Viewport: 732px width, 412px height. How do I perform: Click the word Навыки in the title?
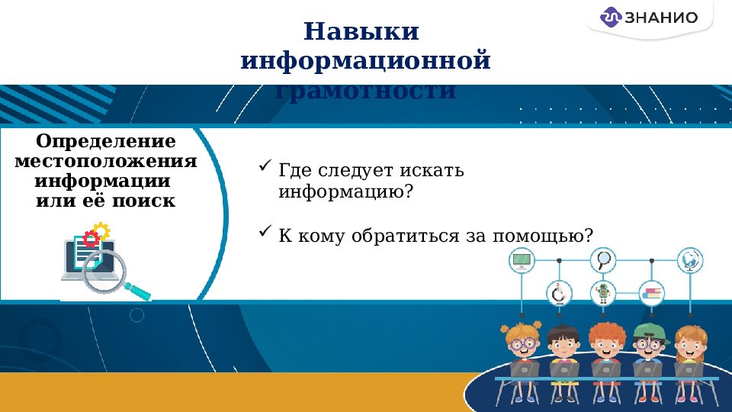click(361, 32)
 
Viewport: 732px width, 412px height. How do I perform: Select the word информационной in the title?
click(365, 61)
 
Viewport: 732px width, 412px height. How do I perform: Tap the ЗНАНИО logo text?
click(661, 18)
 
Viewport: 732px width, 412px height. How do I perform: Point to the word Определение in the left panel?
click(106, 142)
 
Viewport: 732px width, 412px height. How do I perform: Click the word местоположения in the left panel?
click(106, 162)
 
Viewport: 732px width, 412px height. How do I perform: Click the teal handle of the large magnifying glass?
click(136, 290)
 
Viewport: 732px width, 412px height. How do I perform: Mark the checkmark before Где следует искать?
click(265, 165)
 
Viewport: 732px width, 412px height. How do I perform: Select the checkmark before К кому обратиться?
click(265, 230)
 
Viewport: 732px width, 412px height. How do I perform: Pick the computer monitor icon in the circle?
click(522, 261)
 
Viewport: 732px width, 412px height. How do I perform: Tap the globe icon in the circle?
click(691, 261)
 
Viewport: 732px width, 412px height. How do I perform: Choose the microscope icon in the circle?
click(559, 293)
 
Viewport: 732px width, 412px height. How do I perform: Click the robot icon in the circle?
click(604, 293)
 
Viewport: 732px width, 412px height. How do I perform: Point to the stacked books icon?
click(652, 293)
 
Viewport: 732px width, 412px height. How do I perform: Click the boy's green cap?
click(648, 330)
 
